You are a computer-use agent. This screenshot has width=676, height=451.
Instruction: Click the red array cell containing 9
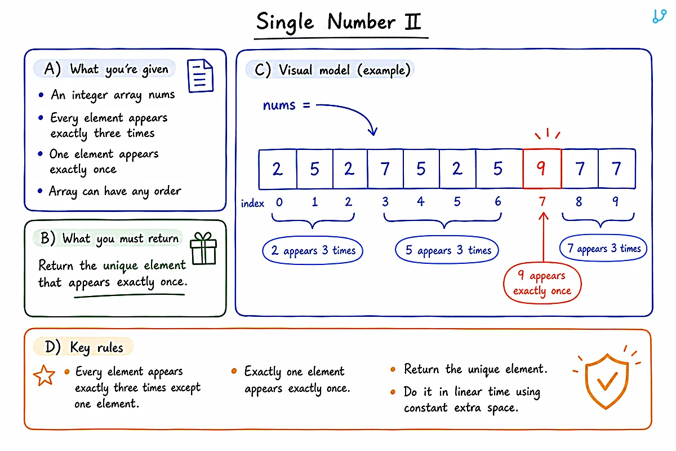542,169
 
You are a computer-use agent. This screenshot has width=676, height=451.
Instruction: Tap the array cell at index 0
278,169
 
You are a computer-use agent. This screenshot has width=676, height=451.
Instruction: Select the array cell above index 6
499,169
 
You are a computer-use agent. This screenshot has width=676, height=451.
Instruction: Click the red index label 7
542,201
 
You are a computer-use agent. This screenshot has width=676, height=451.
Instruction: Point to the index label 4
421,201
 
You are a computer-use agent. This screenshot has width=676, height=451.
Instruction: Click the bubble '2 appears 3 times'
313,251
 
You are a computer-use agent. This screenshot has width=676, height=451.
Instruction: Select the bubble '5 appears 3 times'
447,250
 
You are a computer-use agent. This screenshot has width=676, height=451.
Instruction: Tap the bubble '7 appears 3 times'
603,248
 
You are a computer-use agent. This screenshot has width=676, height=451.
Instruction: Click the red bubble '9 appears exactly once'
542,283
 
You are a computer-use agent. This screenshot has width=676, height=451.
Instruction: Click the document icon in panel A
200,76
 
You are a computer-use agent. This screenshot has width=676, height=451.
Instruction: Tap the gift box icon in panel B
203,248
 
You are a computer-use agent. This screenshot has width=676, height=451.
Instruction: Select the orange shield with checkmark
607,381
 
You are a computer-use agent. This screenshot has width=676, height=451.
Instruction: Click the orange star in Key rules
45,375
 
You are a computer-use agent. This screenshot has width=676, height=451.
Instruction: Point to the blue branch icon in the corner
659,16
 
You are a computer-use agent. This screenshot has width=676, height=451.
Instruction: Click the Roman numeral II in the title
412,21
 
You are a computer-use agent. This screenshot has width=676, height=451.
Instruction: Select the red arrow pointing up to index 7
544,237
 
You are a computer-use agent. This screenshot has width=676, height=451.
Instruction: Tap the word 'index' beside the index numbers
252,204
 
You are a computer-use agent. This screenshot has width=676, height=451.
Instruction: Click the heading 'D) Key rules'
84,347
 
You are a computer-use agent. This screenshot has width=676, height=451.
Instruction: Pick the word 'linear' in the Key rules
469,391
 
